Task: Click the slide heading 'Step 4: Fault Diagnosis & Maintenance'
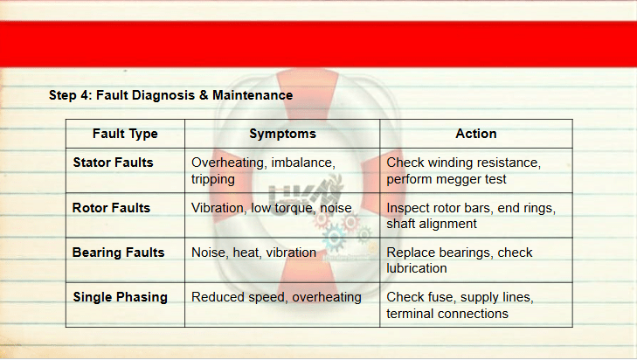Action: [170, 95]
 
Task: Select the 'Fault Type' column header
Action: [125, 134]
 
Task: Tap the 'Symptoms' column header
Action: [282, 134]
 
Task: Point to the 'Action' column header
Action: [475, 134]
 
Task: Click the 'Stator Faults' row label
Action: [113, 163]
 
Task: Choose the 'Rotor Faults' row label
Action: [111, 208]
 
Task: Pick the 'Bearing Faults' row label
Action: [118, 253]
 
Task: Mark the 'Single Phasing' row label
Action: [121, 297]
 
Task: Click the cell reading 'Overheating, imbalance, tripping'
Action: [263, 170]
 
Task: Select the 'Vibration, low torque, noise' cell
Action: [272, 208]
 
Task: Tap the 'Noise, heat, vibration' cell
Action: [253, 253]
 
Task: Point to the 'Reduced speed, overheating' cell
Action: [276, 297]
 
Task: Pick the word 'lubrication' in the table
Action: [417, 268]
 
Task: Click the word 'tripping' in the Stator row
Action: [213, 180]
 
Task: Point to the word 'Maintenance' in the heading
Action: [253, 95]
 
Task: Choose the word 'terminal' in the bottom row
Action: [411, 314]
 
